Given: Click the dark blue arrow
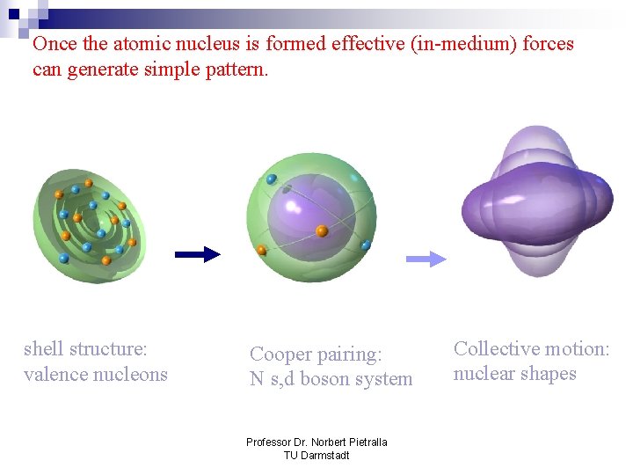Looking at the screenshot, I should pyautogui.click(x=197, y=254).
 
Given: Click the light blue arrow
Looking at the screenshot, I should pyautogui.click(x=426, y=258).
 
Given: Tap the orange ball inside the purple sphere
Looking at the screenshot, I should pyautogui.click(x=322, y=230).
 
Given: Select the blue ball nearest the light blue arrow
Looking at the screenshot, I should pyautogui.click(x=366, y=245).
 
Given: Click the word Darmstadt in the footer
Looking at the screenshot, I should pyautogui.click(x=326, y=455).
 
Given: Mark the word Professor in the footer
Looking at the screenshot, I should pyautogui.click(x=269, y=442).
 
